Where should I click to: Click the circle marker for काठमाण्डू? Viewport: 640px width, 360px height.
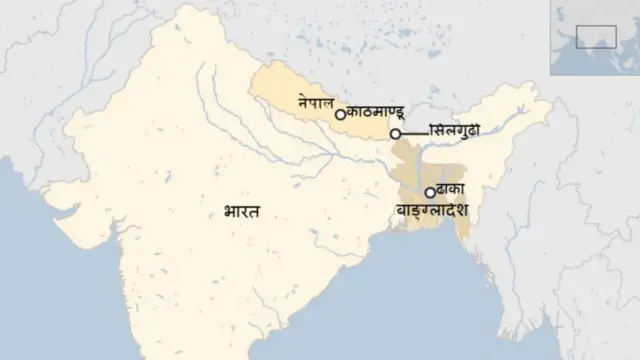(x=340, y=115)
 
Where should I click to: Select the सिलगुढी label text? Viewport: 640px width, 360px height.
(x=456, y=132)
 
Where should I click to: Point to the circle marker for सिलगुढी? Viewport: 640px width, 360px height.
(x=396, y=133)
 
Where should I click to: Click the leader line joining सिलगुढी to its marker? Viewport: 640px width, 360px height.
(x=412, y=133)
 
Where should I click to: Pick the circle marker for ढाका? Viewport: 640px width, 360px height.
(x=430, y=192)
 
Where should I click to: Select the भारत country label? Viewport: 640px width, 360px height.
(x=242, y=211)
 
